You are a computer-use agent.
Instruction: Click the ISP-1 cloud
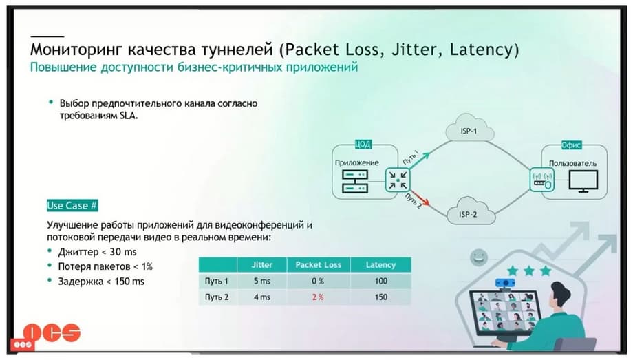pyautogui.click(x=469, y=129)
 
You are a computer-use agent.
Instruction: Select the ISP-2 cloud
pyautogui.click(x=471, y=211)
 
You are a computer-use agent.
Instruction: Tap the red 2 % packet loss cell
pyautogui.click(x=318, y=297)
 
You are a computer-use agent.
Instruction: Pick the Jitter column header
pyautogui.click(x=262, y=265)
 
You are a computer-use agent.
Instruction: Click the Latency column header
pyautogui.click(x=380, y=265)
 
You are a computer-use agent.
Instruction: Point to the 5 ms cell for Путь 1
pyautogui.click(x=262, y=281)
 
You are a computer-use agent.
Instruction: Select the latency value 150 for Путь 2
pyautogui.click(x=380, y=297)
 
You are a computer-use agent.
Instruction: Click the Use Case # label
pyautogui.click(x=72, y=206)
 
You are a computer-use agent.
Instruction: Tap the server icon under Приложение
pyautogui.click(x=355, y=182)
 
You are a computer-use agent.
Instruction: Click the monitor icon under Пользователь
pyautogui.click(x=583, y=181)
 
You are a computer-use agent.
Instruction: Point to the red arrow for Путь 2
pyautogui.click(x=420, y=198)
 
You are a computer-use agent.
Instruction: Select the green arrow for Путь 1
pyautogui.click(x=420, y=160)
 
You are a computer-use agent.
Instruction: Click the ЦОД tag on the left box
pyautogui.click(x=363, y=145)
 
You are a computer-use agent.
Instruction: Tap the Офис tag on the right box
pyautogui.click(x=571, y=145)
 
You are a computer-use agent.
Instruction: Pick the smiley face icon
pyautogui.click(x=479, y=257)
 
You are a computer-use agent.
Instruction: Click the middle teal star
pyautogui.click(x=529, y=271)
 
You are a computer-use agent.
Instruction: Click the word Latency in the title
pyautogui.click(x=481, y=50)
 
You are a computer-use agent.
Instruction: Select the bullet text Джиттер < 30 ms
pyautogui.click(x=97, y=252)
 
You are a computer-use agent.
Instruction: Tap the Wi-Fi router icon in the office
pyautogui.click(x=542, y=180)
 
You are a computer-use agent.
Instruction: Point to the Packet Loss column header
pyautogui.click(x=318, y=265)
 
